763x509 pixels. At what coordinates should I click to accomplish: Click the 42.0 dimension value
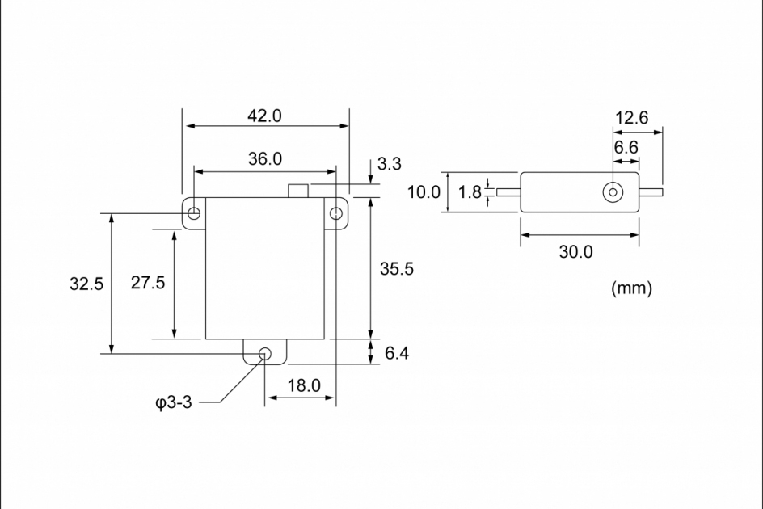pos(264,116)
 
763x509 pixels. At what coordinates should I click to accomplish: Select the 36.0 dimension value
pos(264,159)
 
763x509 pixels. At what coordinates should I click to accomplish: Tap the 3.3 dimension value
pos(390,164)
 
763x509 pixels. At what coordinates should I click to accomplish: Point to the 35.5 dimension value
pos(397,269)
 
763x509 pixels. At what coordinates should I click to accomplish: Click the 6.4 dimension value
pos(397,353)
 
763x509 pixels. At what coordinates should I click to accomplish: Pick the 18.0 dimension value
pos(304,385)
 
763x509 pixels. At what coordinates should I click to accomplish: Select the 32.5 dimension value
pos(86,284)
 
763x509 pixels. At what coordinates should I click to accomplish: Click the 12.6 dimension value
pos(631,118)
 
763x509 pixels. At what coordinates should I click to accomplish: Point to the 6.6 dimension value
pos(626,148)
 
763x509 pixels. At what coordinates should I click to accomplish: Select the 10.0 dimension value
pos(424,192)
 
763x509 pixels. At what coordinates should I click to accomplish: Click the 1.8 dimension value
pos(470,192)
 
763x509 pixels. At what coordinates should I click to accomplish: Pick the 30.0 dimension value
pos(576,251)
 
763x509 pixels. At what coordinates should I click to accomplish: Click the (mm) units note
pos(631,288)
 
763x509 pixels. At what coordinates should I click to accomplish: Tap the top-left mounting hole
pos(194,213)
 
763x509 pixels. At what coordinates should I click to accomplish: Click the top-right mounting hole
pos(336,213)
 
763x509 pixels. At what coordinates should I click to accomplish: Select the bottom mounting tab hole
pos(264,353)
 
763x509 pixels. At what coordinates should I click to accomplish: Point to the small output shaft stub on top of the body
pos(298,191)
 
